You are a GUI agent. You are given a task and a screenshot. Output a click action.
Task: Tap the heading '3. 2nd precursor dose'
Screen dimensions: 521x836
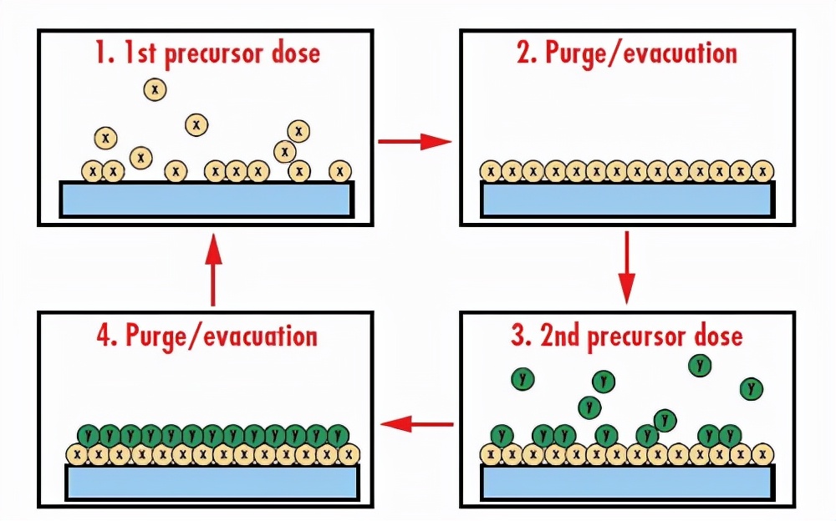pyautogui.click(x=626, y=336)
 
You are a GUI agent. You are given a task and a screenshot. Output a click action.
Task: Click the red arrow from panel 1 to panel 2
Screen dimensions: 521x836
pyautogui.click(x=415, y=141)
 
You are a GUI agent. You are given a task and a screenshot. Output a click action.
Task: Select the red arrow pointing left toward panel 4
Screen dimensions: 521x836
pyautogui.click(x=416, y=425)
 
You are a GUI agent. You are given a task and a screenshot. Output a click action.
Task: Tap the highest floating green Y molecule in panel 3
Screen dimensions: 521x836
pyautogui.click(x=700, y=365)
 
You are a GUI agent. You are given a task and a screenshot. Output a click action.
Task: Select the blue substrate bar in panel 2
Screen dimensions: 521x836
pyautogui.click(x=627, y=199)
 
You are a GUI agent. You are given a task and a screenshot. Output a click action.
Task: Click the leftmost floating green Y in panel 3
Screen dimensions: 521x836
pyautogui.click(x=523, y=379)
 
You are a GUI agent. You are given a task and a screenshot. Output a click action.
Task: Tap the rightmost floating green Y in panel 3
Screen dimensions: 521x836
pyautogui.click(x=752, y=388)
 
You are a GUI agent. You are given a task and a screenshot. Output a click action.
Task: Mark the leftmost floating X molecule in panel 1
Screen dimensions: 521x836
pyautogui.click(x=105, y=137)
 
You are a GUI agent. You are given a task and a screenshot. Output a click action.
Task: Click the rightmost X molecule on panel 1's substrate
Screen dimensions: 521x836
pyautogui.click(x=339, y=171)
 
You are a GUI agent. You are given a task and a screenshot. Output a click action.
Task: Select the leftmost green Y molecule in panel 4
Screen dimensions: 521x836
pyautogui.click(x=89, y=435)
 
